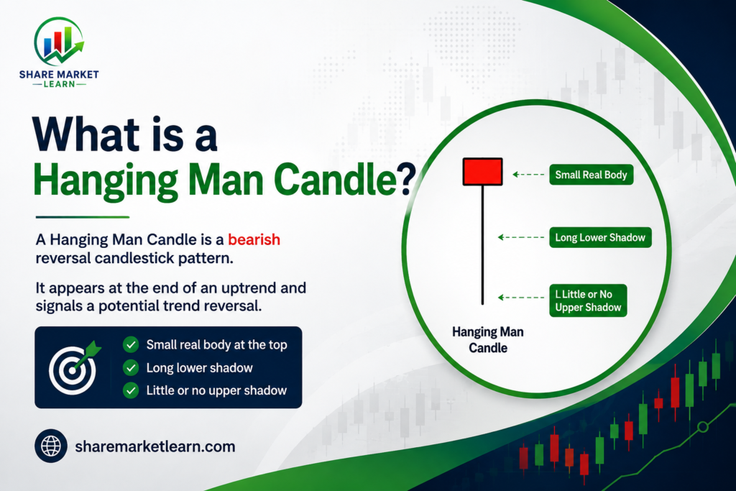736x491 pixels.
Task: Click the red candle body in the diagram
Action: pyautogui.click(x=482, y=171)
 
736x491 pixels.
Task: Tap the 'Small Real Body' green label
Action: pyautogui.click(x=591, y=175)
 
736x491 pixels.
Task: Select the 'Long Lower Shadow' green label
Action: pyautogui.click(x=600, y=237)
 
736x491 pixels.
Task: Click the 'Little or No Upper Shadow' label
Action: pyautogui.click(x=588, y=300)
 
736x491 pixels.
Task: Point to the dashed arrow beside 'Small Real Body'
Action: pyautogui.click(x=528, y=175)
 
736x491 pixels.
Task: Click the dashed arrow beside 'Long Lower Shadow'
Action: pyautogui.click(x=521, y=237)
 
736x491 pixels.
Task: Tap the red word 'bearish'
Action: pyautogui.click(x=254, y=239)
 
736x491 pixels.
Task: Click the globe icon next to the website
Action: pyautogui.click(x=51, y=446)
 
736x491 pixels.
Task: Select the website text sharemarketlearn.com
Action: pyautogui.click(x=155, y=446)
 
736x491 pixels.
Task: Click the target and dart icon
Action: pyautogui.click(x=74, y=367)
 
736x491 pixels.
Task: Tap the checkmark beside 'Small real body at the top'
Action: pyautogui.click(x=131, y=344)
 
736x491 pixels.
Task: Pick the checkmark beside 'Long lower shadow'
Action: pyautogui.click(x=131, y=367)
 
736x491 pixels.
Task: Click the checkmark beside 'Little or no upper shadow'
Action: pyautogui.click(x=131, y=390)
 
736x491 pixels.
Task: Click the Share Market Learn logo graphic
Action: pyautogui.click(x=59, y=41)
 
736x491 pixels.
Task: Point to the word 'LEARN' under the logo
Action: pyautogui.click(x=59, y=84)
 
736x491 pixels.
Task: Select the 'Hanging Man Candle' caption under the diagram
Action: pyautogui.click(x=488, y=340)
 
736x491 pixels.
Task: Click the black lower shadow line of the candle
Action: pyautogui.click(x=482, y=245)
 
